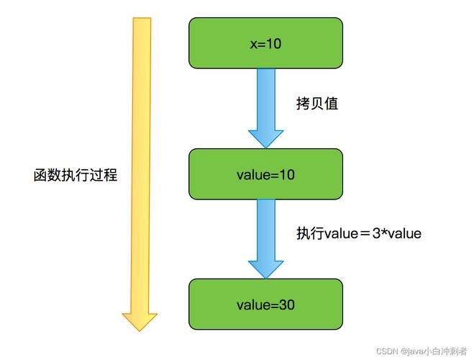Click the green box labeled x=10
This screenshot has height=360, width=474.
coord(265,44)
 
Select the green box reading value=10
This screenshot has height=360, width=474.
coord(265,174)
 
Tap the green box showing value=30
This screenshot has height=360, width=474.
coord(265,305)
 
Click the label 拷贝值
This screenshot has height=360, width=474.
coord(316,104)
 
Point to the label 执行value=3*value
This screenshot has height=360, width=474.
coord(358,234)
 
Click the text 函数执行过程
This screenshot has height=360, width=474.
coord(76,175)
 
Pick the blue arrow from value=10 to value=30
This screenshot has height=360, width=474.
coord(265,234)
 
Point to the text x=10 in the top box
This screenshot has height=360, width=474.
coord(265,44)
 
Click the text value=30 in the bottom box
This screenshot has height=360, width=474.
coord(265,305)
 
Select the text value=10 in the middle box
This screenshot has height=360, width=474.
coord(265,174)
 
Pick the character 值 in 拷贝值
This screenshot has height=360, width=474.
coord(331,104)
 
